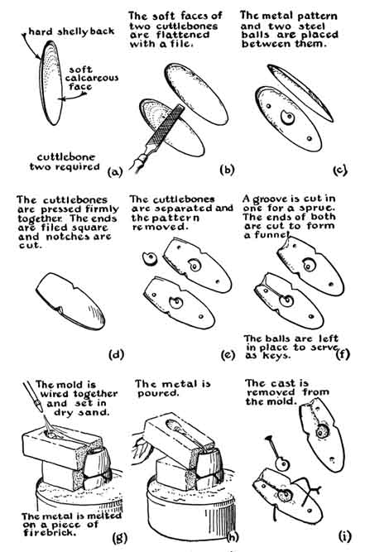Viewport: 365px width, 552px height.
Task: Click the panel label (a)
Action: tap(115, 172)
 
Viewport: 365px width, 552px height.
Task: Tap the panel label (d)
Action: tap(117, 354)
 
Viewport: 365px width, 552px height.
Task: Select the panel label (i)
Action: tap(344, 536)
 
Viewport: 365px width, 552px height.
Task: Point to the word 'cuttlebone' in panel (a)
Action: tap(66, 157)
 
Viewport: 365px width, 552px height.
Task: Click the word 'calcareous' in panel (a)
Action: tap(92, 78)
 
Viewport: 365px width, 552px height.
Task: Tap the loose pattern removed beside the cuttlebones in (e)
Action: tap(150, 259)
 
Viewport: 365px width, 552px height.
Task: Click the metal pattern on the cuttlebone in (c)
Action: tap(287, 117)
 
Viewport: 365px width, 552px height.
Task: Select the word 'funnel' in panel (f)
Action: tap(273, 235)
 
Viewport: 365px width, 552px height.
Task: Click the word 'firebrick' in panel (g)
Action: tap(50, 532)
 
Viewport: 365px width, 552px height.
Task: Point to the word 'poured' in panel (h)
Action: tap(158, 393)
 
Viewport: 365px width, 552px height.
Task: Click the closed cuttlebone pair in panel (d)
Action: tap(70, 301)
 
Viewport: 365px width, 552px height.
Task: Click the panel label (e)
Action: tap(228, 354)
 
